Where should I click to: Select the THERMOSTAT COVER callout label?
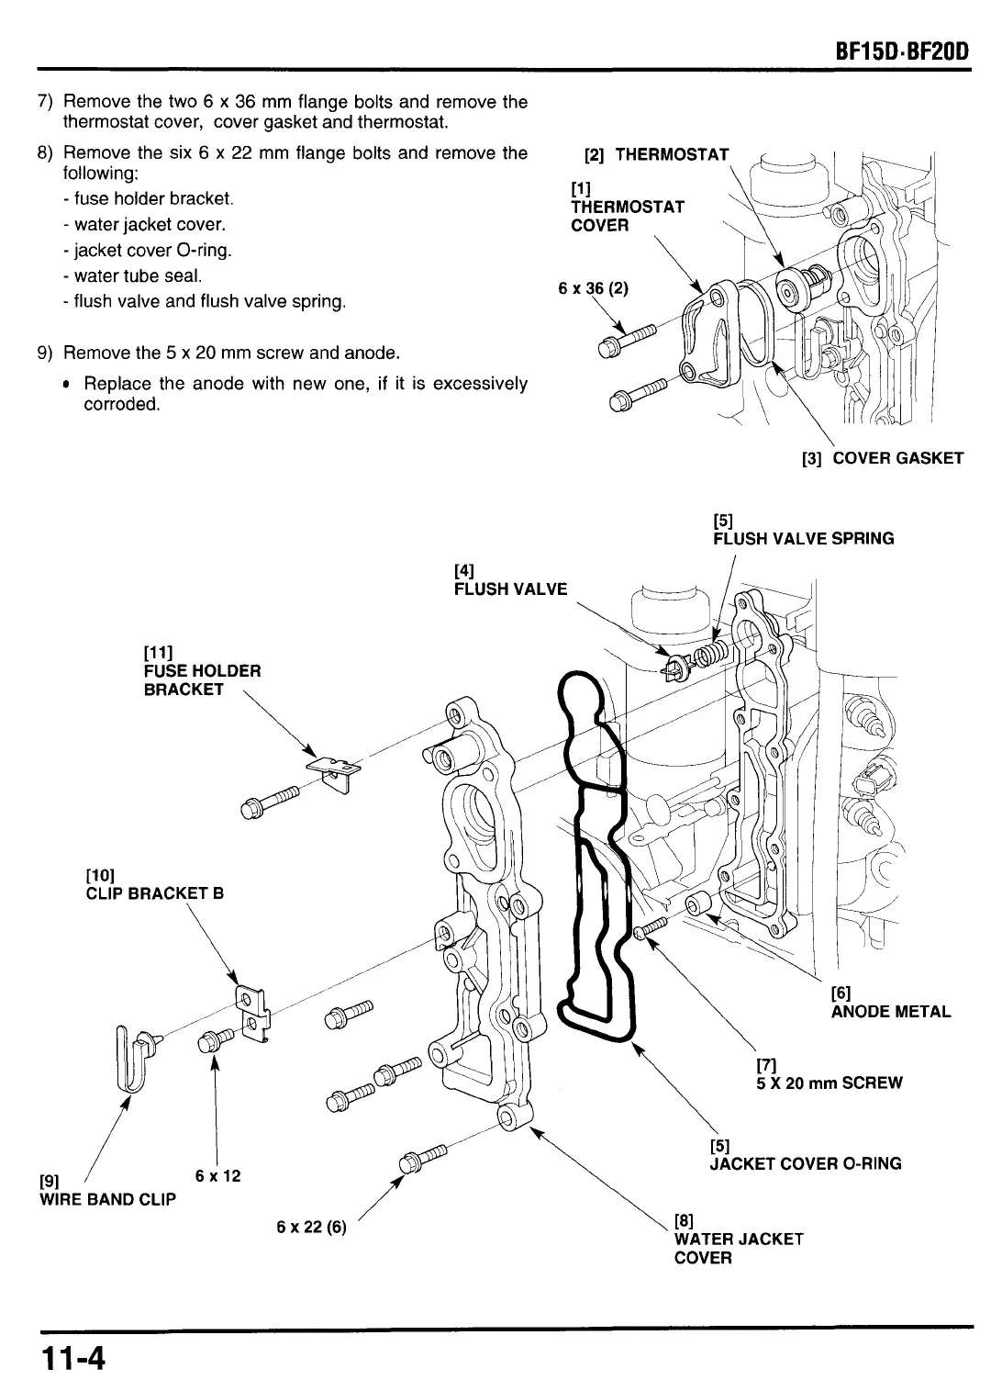tap(627, 208)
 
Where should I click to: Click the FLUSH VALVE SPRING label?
tap(803, 538)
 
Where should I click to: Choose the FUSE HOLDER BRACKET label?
tap(202, 679)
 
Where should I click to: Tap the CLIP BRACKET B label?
tap(154, 893)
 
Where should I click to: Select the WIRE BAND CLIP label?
tap(107, 1199)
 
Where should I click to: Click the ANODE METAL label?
tap(890, 1012)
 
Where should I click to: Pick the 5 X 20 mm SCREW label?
tap(829, 1083)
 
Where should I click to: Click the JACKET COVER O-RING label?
tap(805, 1163)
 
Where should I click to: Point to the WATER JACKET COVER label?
tap(738, 1248)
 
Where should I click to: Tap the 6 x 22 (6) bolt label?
tap(311, 1228)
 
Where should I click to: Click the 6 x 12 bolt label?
tap(218, 1176)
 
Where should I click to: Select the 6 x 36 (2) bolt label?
tap(593, 288)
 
